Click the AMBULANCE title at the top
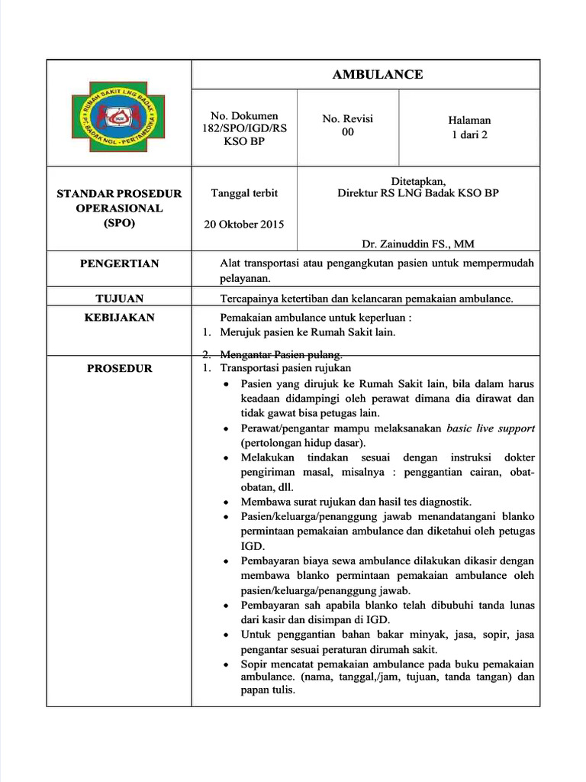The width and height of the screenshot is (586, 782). coord(377,74)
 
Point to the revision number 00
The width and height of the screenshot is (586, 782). coord(348,132)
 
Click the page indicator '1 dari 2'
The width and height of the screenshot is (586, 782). coord(469,134)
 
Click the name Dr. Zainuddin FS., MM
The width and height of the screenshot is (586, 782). coord(418,244)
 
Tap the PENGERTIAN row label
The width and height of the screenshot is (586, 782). coord(120,263)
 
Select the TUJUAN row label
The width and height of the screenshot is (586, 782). coord(120,298)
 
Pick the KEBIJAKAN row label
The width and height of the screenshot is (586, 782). coord(120,317)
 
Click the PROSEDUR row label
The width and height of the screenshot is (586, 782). coord(120,368)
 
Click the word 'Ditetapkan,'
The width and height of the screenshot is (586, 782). coord(418,181)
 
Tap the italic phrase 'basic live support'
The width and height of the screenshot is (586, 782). coord(491,428)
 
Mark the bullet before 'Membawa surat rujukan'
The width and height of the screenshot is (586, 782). coord(227,502)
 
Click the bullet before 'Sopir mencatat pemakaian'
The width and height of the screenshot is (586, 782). coord(227,665)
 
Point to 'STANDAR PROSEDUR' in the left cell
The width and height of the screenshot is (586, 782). coord(120,194)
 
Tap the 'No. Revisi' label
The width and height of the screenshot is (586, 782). coord(348,119)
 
